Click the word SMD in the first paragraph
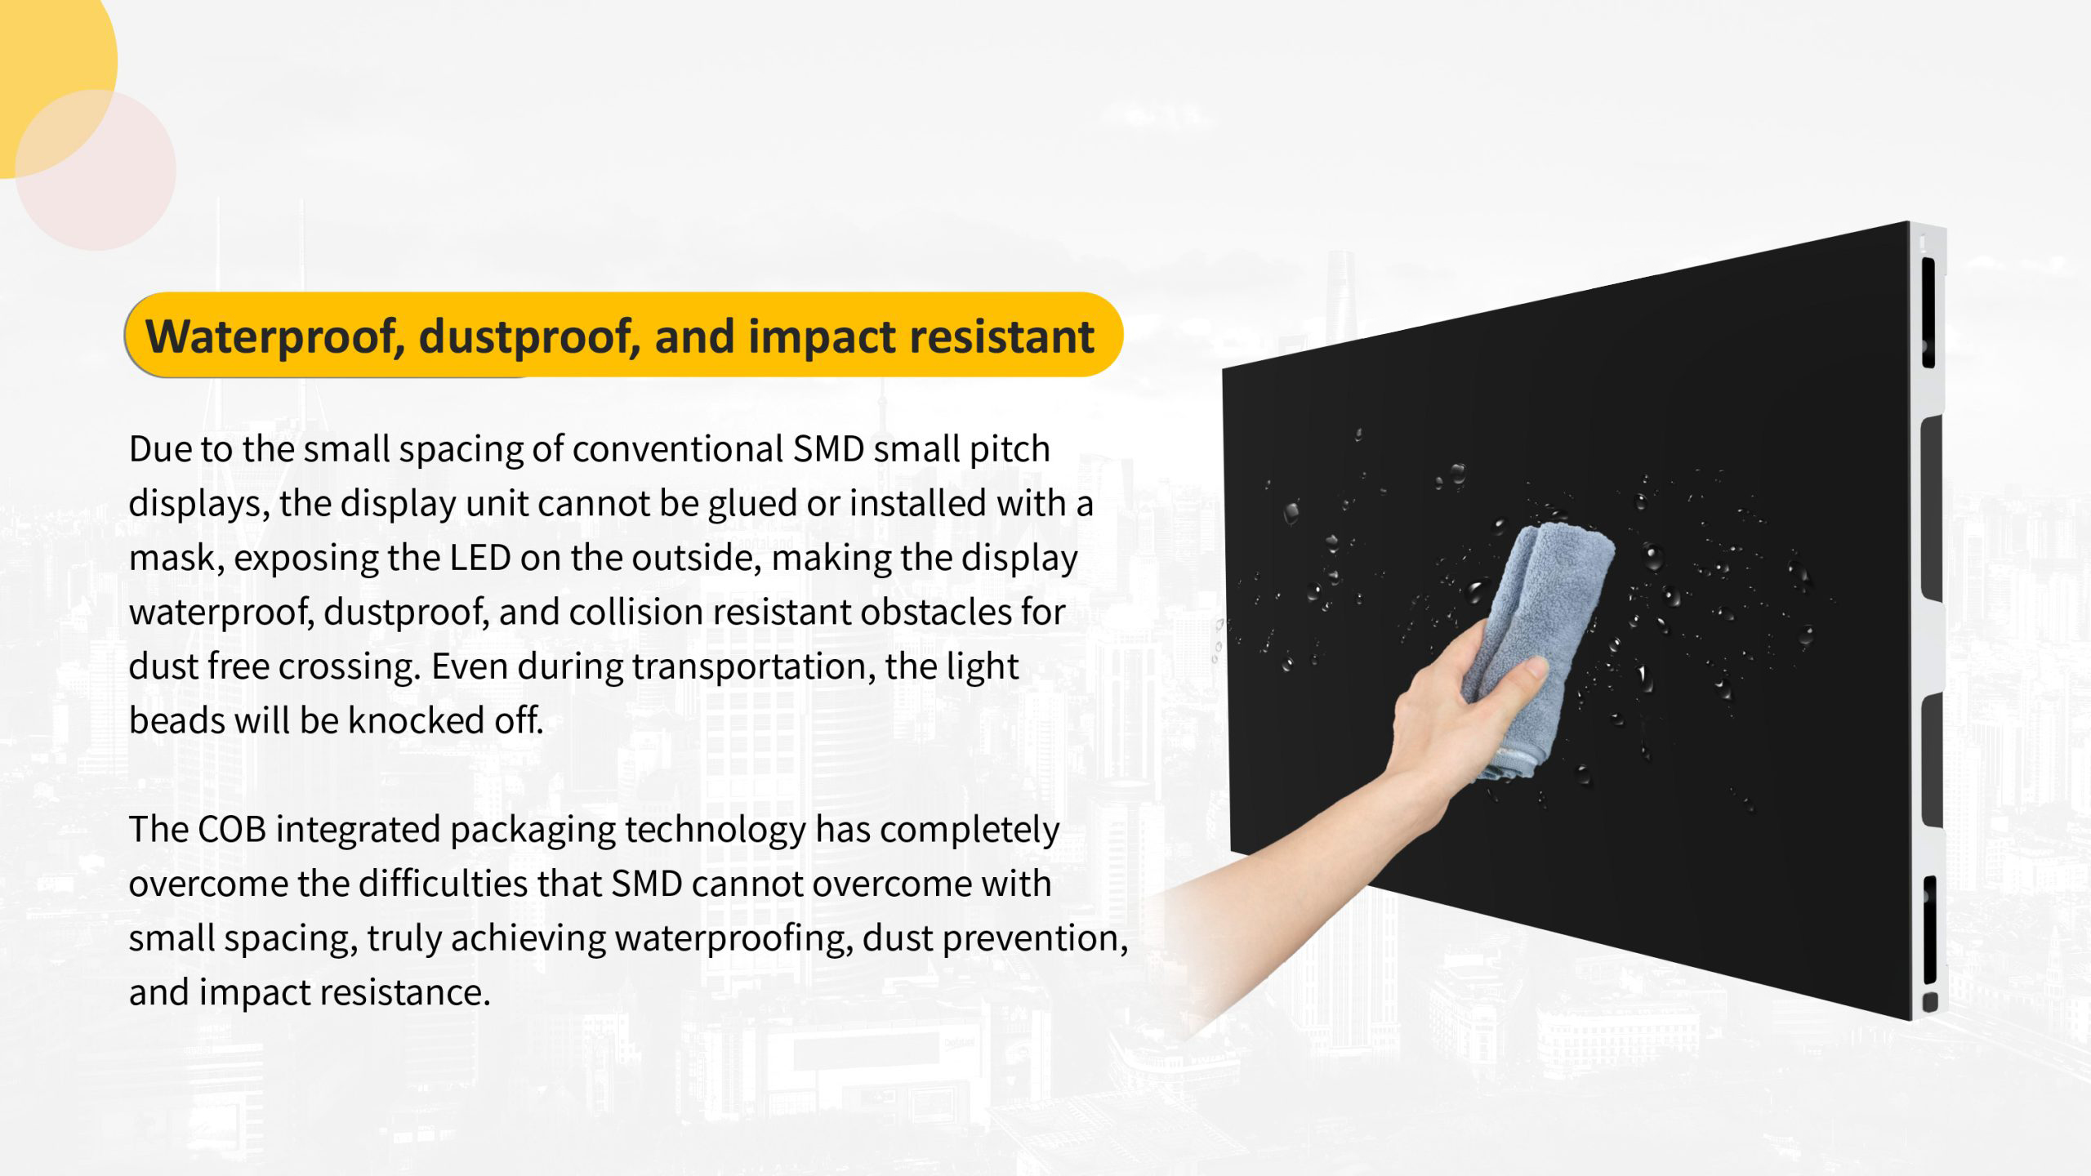(x=828, y=449)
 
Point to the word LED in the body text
(x=480, y=558)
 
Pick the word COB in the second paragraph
(x=232, y=829)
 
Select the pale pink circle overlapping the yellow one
(x=96, y=170)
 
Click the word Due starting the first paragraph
(x=159, y=449)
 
